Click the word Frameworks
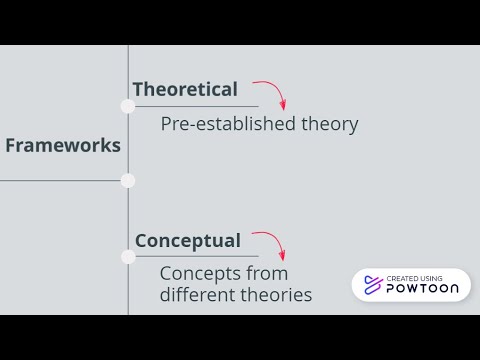click(62, 145)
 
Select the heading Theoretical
click(185, 89)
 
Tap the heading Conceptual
click(188, 240)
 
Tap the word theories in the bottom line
click(275, 295)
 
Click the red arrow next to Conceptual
click(271, 244)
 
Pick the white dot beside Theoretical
click(128, 106)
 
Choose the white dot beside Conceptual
click(128, 257)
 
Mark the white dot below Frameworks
click(128, 181)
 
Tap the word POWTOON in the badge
click(424, 290)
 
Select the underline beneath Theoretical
click(195, 106)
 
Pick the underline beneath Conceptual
click(195, 257)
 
